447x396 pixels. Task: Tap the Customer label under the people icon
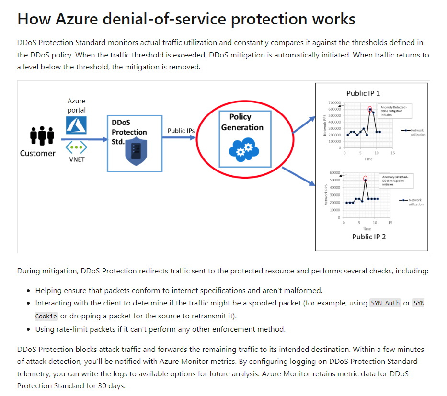click(38, 153)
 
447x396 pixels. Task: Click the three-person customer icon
click(42, 136)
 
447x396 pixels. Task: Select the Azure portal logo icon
click(76, 125)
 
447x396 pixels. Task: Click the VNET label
click(77, 159)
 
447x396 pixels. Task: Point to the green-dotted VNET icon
click(76, 147)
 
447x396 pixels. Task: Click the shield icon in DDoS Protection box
click(136, 152)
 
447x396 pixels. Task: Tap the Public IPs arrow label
click(181, 131)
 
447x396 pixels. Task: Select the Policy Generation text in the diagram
click(242, 122)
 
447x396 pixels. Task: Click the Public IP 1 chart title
click(363, 93)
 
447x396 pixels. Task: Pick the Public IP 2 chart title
click(368, 237)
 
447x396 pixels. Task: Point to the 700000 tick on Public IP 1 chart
click(334, 103)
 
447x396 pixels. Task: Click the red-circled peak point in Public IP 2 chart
click(366, 179)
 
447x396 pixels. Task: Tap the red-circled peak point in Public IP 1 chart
click(370, 110)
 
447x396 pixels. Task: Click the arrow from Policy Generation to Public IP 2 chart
click(299, 176)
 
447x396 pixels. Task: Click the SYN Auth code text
click(386, 303)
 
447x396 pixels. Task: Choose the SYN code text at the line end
click(419, 303)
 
